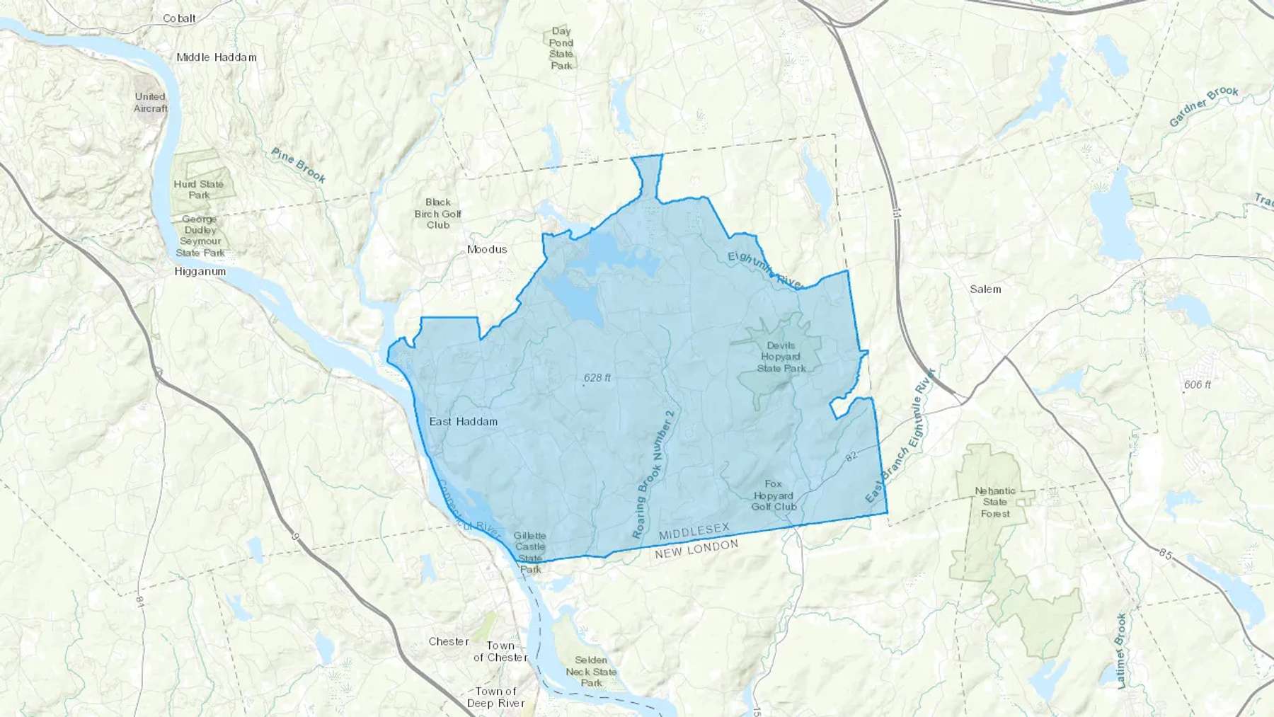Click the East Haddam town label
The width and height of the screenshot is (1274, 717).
(x=463, y=422)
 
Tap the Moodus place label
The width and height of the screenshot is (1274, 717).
(x=487, y=250)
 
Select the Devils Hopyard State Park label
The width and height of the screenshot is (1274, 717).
(x=780, y=357)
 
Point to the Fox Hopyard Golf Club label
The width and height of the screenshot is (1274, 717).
(x=773, y=495)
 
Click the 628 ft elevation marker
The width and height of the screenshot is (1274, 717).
(x=597, y=378)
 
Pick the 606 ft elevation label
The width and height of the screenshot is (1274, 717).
(x=1197, y=385)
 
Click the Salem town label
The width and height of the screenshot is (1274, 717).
(x=985, y=289)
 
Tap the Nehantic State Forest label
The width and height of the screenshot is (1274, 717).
(x=994, y=502)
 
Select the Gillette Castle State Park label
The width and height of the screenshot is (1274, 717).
(x=530, y=552)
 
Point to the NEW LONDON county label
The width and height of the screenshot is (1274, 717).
(x=696, y=549)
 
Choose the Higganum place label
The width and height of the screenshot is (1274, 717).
(x=200, y=272)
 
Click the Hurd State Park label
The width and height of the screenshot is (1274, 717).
(x=199, y=190)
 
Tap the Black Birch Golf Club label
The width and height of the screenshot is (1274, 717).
(x=437, y=214)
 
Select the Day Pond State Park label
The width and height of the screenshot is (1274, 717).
(x=561, y=48)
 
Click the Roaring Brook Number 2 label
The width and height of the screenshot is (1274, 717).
(x=654, y=474)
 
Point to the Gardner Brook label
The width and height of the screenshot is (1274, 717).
(x=1203, y=107)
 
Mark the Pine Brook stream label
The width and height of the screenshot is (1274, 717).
(x=298, y=166)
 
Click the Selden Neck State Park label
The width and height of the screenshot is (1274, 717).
(x=591, y=672)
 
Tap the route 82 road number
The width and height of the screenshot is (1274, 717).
(x=851, y=457)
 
